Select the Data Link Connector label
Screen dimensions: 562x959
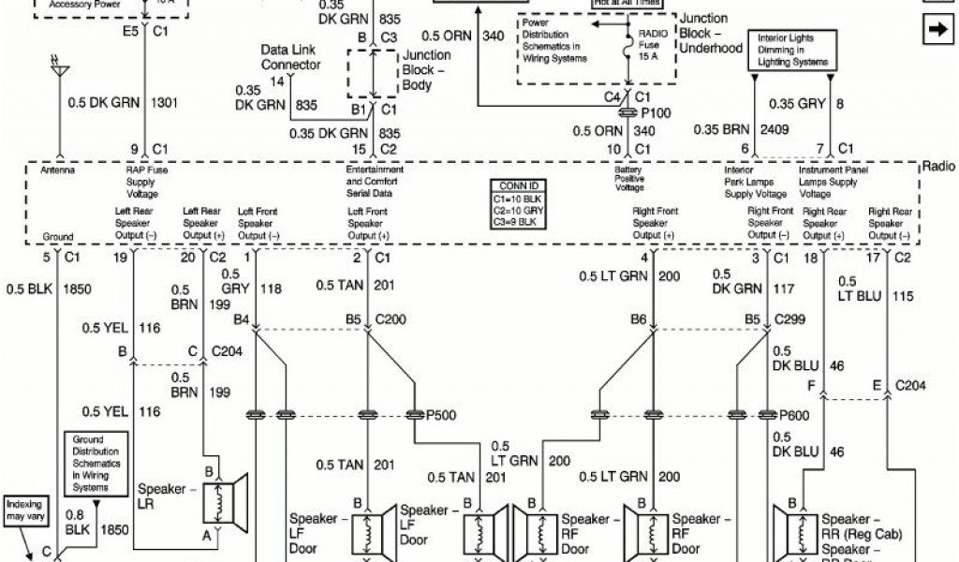click(291, 57)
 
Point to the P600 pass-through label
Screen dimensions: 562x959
click(794, 414)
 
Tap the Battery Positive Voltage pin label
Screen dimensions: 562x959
click(629, 180)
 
